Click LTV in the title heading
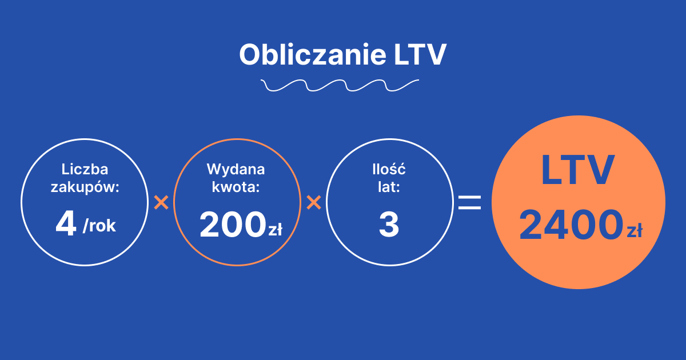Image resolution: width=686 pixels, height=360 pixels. click(x=420, y=55)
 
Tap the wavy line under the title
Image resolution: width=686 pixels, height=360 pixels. click(x=340, y=86)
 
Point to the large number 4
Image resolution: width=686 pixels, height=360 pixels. click(x=66, y=225)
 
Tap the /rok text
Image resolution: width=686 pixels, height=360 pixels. click(x=99, y=226)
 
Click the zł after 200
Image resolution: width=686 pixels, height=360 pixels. click(x=275, y=230)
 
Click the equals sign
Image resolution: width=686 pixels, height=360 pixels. click(x=470, y=202)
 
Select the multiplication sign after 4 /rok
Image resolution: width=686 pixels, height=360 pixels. click(x=161, y=202)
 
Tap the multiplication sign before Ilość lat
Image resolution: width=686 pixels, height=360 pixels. click(x=313, y=202)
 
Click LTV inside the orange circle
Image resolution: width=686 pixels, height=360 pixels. click(x=578, y=170)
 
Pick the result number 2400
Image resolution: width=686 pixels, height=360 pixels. click(x=570, y=225)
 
